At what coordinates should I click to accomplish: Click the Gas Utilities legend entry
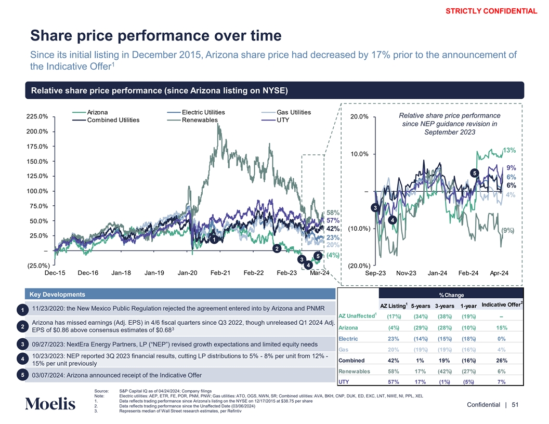click(x=294, y=112)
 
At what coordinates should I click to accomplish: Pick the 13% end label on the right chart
click(x=509, y=151)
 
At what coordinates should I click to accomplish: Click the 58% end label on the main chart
click(x=333, y=213)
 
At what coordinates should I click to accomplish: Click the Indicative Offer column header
click(x=502, y=304)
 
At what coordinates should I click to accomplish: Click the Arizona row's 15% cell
click(x=502, y=327)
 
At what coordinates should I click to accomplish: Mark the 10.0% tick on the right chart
click(x=359, y=154)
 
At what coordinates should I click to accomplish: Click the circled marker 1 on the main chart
click(x=213, y=240)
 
